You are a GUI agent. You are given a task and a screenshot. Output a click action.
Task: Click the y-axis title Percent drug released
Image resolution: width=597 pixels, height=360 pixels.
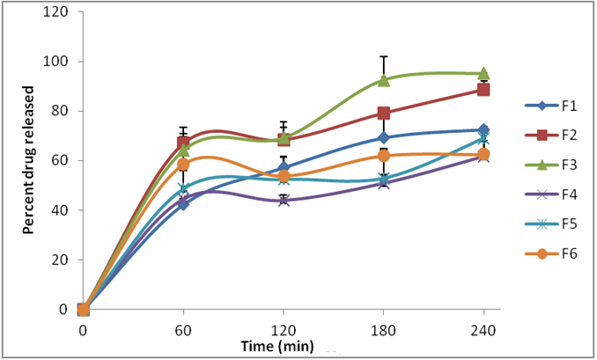(28, 159)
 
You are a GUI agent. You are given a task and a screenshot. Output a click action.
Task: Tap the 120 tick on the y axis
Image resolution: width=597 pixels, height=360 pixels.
(62, 12)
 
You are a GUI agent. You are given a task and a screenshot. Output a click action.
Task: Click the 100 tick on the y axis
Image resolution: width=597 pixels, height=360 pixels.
(62, 62)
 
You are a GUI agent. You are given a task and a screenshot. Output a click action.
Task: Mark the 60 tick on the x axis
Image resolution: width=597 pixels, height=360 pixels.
(183, 330)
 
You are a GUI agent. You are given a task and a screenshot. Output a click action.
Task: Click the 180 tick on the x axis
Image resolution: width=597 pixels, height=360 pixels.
(383, 330)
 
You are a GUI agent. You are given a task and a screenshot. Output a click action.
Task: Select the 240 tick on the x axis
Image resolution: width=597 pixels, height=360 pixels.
(483, 330)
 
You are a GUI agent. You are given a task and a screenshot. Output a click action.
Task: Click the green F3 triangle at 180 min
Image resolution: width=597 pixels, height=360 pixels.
(384, 80)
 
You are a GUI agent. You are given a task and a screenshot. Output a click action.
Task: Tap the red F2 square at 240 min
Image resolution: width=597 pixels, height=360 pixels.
(483, 90)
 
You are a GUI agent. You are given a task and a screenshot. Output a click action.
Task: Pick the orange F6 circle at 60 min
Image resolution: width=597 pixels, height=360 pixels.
(183, 165)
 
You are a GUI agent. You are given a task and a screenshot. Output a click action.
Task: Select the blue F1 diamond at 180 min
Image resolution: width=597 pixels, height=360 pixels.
(384, 137)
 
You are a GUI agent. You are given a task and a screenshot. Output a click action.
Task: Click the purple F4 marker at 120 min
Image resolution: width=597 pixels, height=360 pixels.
(284, 201)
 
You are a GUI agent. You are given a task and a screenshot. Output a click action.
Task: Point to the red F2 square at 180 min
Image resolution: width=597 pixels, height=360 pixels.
(384, 113)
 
